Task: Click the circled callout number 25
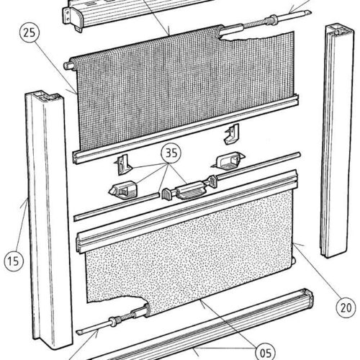[x=30, y=33]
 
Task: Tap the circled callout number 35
[x=171, y=153]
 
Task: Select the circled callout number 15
[x=14, y=261]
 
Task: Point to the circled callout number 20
[x=346, y=308]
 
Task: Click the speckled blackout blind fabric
[x=189, y=250]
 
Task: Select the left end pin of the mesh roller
[x=67, y=66]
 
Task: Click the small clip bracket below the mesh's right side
[x=232, y=134]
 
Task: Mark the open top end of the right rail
[x=340, y=29]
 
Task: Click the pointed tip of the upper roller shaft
[x=310, y=12]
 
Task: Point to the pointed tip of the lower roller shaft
[x=78, y=333]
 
